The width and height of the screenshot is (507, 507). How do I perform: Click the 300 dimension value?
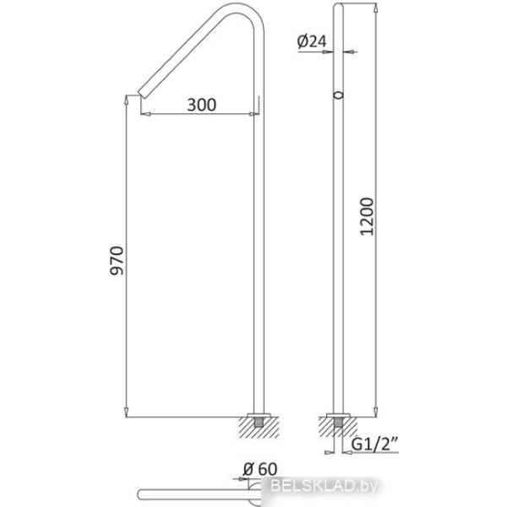click(202, 105)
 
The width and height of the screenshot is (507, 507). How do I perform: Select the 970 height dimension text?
click(117, 260)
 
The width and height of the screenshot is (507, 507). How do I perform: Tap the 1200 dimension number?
click(367, 216)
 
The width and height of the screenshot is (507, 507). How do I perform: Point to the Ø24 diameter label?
click(312, 41)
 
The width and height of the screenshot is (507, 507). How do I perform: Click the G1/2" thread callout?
click(374, 444)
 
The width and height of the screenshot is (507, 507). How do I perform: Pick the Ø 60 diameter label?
click(260, 469)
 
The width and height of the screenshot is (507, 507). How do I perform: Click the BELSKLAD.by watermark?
click(324, 486)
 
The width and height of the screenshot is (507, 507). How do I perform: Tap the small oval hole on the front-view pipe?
click(338, 95)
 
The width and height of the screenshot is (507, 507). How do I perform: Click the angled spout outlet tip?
click(142, 94)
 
